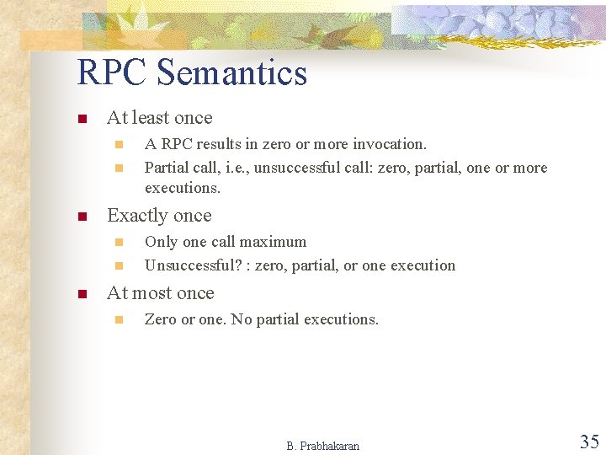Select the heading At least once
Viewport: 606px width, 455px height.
click(x=159, y=118)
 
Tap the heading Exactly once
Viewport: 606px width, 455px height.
click(x=159, y=216)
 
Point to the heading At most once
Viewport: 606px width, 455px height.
click(x=160, y=293)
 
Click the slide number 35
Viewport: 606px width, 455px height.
click(x=588, y=442)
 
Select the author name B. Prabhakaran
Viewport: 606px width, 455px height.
click(x=322, y=446)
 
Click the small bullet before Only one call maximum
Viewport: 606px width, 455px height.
click(x=119, y=243)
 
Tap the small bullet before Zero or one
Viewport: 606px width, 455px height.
click(x=119, y=320)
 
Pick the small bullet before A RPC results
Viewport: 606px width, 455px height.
click(x=119, y=145)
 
